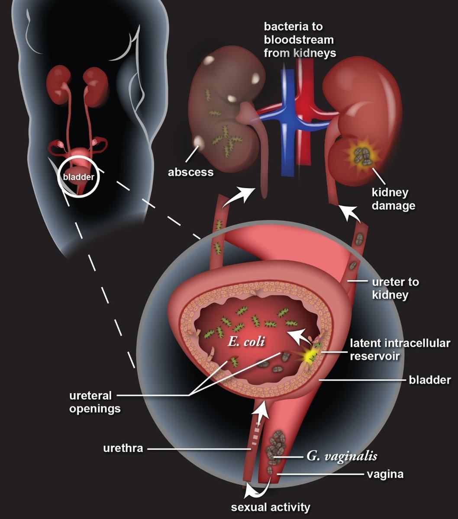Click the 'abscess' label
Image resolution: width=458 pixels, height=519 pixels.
(x=191, y=172)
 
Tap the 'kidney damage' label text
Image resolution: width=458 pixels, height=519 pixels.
(x=393, y=198)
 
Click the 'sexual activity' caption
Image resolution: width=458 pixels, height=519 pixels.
(x=271, y=506)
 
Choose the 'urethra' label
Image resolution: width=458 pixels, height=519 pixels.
(x=123, y=448)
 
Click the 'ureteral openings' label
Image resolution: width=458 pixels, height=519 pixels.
(x=95, y=402)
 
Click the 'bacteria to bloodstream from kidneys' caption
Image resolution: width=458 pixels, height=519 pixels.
(x=299, y=40)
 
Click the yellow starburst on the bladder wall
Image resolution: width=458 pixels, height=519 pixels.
(x=310, y=356)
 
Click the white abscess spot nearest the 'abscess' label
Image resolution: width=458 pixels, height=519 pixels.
(x=200, y=141)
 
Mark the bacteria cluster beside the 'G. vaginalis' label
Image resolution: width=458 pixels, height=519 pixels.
(x=275, y=450)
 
